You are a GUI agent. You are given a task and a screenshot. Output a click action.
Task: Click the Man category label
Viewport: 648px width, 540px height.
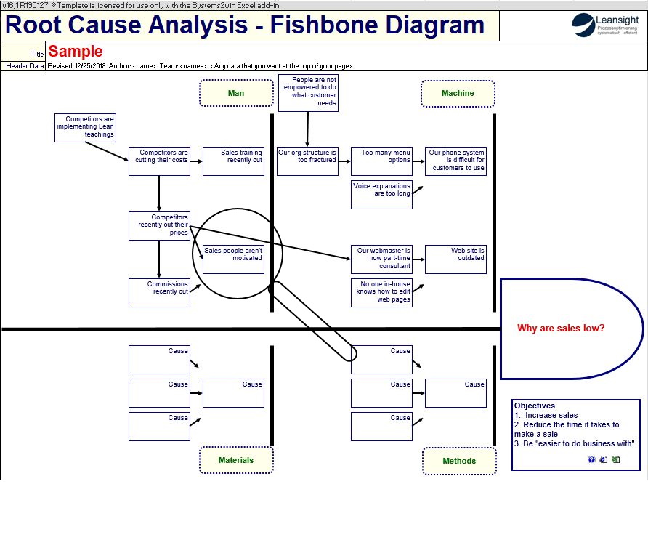click(236, 93)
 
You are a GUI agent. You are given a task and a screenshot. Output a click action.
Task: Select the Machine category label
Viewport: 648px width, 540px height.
click(458, 93)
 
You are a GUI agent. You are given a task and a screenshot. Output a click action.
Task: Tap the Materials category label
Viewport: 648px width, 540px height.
click(236, 460)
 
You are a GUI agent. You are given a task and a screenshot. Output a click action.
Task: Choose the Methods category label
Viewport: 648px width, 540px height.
click(459, 461)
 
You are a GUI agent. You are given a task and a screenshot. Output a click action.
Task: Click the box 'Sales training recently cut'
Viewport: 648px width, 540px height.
click(233, 161)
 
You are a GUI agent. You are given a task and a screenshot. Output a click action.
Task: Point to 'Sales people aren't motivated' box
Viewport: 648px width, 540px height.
click(233, 258)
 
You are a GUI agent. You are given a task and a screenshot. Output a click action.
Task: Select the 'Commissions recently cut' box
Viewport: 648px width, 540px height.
click(159, 292)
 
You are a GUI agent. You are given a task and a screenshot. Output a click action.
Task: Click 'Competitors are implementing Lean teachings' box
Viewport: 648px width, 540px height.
click(86, 127)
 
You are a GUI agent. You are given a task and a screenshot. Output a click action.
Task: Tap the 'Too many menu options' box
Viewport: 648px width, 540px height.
click(381, 161)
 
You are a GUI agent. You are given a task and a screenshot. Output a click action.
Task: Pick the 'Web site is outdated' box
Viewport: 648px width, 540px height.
click(455, 259)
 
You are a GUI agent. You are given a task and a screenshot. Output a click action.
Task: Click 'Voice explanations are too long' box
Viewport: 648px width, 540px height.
click(381, 194)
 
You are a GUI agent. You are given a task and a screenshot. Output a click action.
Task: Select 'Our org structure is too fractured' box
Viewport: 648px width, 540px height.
click(307, 161)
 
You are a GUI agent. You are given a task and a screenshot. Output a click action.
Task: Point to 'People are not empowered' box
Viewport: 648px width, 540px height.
click(308, 92)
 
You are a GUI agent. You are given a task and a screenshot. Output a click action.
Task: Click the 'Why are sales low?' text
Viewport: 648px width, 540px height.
click(561, 329)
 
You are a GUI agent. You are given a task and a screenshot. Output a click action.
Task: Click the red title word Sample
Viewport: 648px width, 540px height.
click(76, 52)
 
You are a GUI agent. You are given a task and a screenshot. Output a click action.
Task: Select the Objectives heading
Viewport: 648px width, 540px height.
click(534, 406)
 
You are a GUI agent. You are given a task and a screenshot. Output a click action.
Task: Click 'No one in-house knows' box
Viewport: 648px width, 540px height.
click(381, 291)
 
